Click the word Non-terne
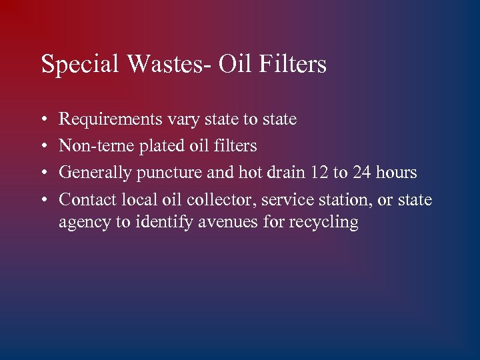(91, 146)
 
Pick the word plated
(149, 147)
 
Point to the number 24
(362, 173)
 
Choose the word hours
(396, 173)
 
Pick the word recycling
(324, 223)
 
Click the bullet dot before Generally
(43, 173)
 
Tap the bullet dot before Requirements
(43, 120)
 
